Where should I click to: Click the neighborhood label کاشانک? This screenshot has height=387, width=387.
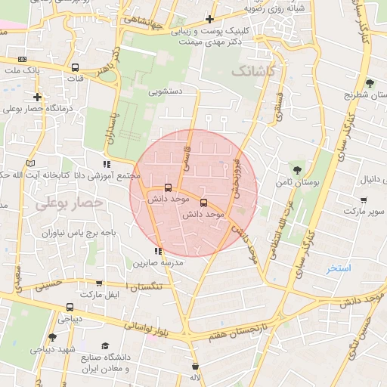(252, 71)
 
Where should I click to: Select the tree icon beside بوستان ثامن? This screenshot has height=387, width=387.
(295, 169)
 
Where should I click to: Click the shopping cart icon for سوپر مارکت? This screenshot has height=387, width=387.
(364, 200)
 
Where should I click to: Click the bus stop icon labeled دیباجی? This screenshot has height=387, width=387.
(70, 308)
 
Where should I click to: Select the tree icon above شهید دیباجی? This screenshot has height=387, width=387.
(51, 337)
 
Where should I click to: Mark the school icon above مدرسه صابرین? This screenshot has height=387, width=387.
(157, 251)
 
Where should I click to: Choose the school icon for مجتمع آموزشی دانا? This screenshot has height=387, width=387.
(107, 164)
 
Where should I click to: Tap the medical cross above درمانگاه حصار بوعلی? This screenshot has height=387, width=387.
(37, 97)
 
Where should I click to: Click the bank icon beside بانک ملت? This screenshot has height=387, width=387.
(22, 59)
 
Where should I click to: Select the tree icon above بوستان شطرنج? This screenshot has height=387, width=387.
(369, 82)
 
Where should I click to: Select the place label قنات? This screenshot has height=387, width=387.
(75, 78)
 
